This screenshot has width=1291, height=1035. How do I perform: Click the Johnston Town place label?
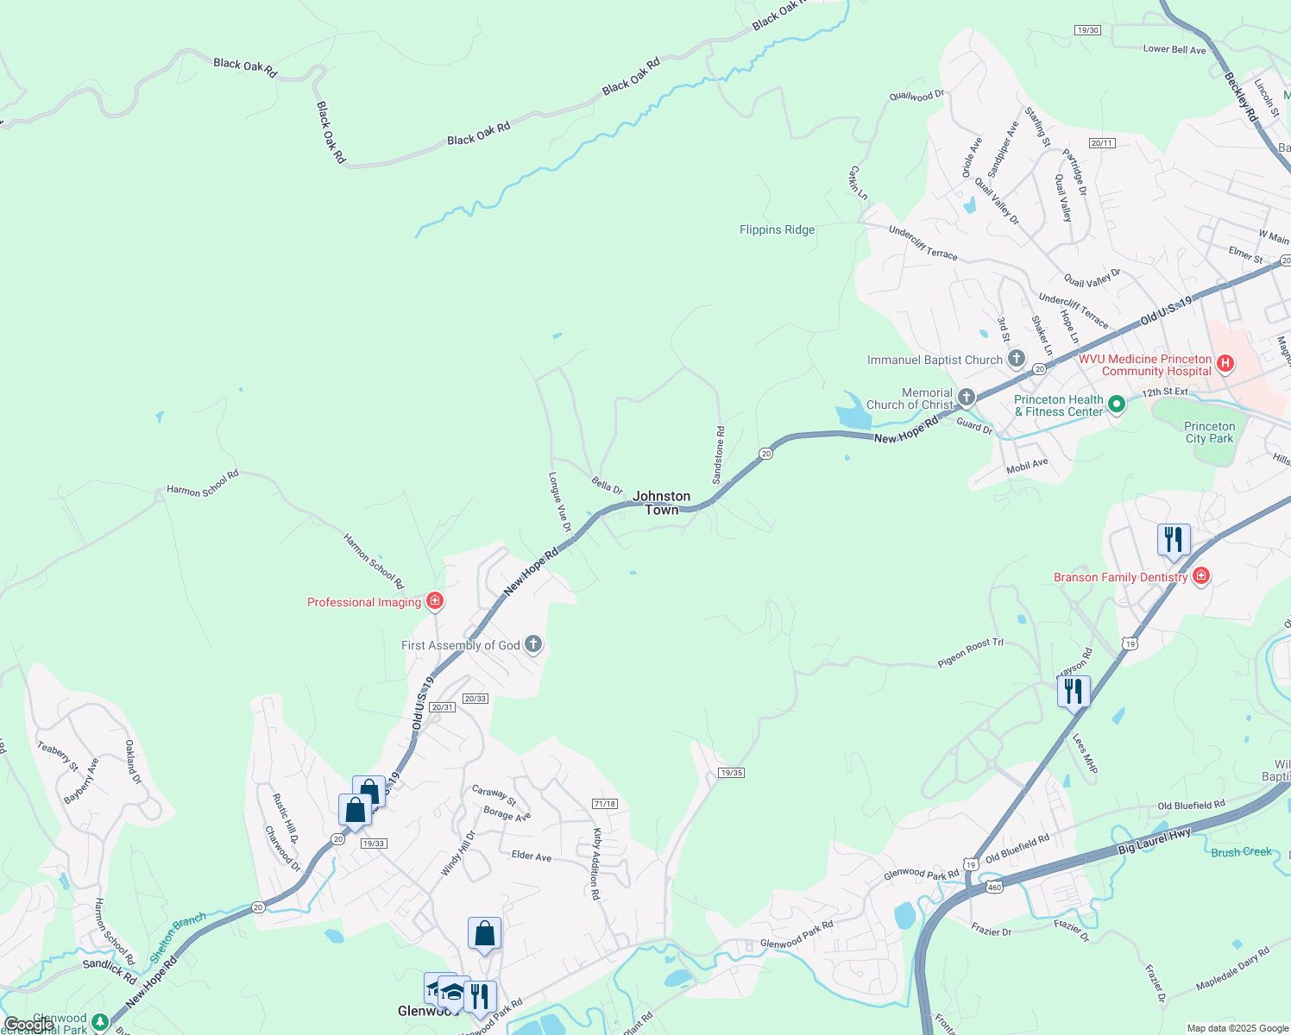(x=662, y=503)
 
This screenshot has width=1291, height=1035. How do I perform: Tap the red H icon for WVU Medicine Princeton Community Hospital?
(x=1225, y=364)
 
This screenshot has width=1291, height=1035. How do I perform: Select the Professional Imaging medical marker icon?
(x=435, y=601)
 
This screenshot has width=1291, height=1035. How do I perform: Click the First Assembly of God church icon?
(x=533, y=644)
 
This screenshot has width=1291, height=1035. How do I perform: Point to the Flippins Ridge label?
(x=777, y=229)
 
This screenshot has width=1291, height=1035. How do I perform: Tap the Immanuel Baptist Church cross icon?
(x=1017, y=359)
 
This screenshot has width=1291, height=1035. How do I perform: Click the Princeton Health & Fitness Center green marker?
(x=1116, y=404)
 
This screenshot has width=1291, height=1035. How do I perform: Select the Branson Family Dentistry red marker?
(x=1200, y=576)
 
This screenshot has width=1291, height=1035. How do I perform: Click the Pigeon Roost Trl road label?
(x=971, y=653)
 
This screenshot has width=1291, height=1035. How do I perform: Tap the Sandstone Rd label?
(x=718, y=455)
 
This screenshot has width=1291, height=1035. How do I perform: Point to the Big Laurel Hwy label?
(x=1155, y=840)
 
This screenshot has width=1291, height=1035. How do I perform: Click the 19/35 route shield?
(x=731, y=773)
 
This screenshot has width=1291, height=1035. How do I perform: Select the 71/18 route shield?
(x=605, y=804)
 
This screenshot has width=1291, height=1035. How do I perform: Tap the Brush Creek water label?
(x=1241, y=852)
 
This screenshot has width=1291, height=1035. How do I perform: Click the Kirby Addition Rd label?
(x=595, y=864)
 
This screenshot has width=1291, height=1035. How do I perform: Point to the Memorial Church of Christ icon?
(x=967, y=397)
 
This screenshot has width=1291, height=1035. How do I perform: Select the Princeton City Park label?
(x=1209, y=432)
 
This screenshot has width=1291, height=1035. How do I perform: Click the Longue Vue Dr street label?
(x=560, y=501)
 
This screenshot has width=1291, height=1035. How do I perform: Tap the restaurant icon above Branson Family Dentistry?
(x=1174, y=540)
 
